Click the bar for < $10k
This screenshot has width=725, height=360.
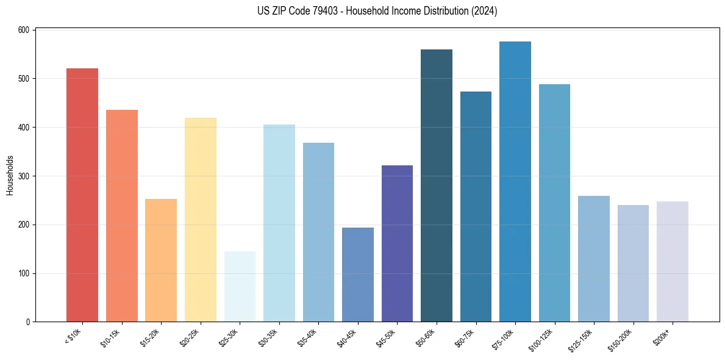[82, 195]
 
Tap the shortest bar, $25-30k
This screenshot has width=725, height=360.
[240, 287]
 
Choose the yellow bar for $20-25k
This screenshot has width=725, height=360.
[200, 220]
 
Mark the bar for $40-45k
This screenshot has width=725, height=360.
[357, 275]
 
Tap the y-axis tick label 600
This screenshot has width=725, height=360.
[25, 30]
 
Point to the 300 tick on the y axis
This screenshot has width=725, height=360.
[25, 176]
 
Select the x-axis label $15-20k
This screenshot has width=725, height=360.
[151, 336]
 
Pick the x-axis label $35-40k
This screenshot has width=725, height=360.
[309, 336]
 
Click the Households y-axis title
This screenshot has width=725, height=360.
[10, 175]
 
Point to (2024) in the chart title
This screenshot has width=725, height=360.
[485, 11]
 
